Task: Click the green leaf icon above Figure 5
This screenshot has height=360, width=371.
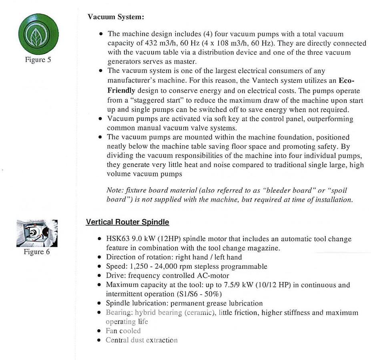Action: point(38,34)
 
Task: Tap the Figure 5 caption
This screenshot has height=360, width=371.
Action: point(38,60)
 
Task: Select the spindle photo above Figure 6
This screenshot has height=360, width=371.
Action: point(37,233)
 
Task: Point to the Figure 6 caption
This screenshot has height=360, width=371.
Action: point(37,252)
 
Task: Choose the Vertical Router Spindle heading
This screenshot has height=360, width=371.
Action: point(127,222)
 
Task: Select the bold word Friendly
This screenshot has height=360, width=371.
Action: point(121,90)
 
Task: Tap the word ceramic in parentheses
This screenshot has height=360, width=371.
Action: point(199,312)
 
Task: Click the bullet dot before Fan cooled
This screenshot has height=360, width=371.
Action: point(100,331)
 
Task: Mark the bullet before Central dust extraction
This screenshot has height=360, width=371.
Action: point(100,340)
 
